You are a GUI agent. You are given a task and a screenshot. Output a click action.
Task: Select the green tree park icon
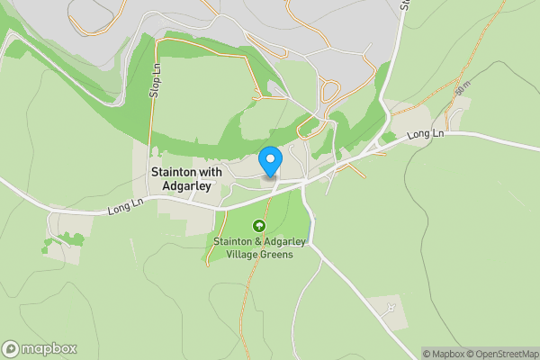click(260, 226)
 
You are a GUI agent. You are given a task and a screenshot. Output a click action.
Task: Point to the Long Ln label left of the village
click(125, 208)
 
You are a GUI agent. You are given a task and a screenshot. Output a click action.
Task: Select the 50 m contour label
click(462, 91)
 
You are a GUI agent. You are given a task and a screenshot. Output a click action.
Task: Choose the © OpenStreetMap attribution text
click(504, 354)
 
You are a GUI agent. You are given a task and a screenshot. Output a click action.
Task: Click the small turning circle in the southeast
click(390, 309)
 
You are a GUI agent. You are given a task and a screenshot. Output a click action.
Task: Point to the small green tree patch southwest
click(65, 240)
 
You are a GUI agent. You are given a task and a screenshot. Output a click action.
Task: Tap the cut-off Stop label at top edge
click(404, 4)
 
